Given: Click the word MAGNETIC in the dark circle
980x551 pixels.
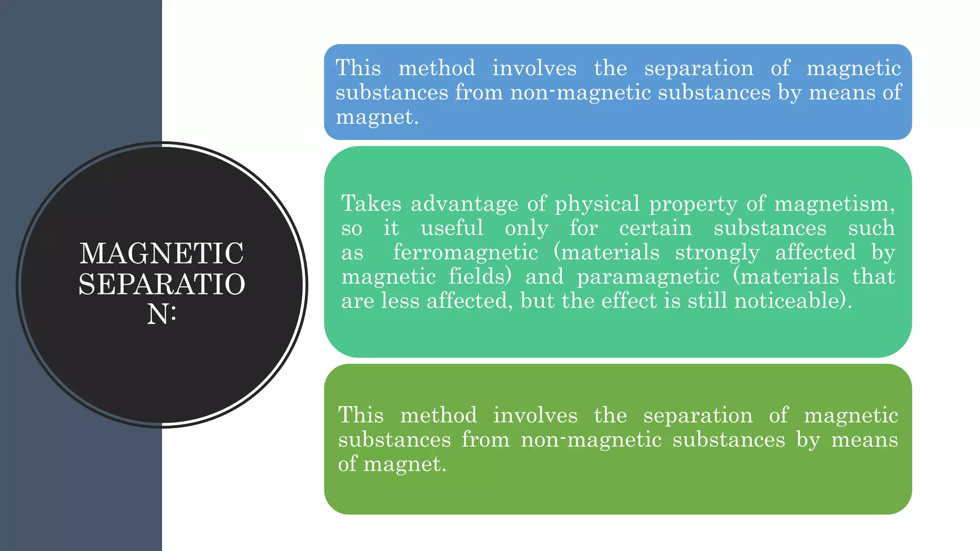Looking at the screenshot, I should [161, 253].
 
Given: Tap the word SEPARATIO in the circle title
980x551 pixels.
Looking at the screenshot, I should [162, 284].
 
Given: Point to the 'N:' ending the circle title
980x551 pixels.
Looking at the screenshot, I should [162, 315].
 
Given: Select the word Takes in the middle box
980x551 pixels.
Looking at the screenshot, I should [371, 204].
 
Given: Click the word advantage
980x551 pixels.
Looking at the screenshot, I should [464, 204].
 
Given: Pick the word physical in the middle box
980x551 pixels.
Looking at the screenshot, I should [597, 204].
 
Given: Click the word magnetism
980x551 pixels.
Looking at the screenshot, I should [834, 204].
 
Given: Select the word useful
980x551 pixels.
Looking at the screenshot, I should [452, 228].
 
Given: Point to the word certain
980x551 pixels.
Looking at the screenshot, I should [655, 228].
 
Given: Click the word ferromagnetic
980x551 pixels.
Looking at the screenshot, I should [465, 253].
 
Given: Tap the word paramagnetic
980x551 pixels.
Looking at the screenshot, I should [648, 277].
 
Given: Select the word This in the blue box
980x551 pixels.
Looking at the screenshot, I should [358, 68].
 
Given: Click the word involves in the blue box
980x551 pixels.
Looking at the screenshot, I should [534, 68].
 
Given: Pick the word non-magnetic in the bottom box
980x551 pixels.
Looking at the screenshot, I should [591, 440].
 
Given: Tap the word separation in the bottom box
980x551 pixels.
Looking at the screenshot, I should [698, 415].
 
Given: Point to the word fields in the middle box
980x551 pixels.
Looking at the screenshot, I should [479, 277].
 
